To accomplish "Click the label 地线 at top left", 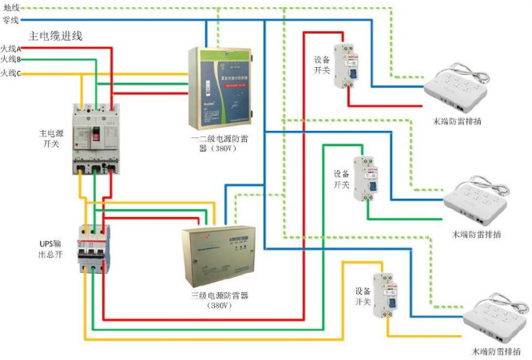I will (x=11, y=7).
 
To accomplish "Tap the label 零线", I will (x=11, y=19).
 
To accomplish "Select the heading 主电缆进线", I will (x=55, y=36).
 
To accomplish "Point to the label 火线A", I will (x=11, y=49).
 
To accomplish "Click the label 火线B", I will (x=11, y=60).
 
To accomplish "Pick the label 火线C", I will (x=11, y=73).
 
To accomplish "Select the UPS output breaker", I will (x=94, y=248).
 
